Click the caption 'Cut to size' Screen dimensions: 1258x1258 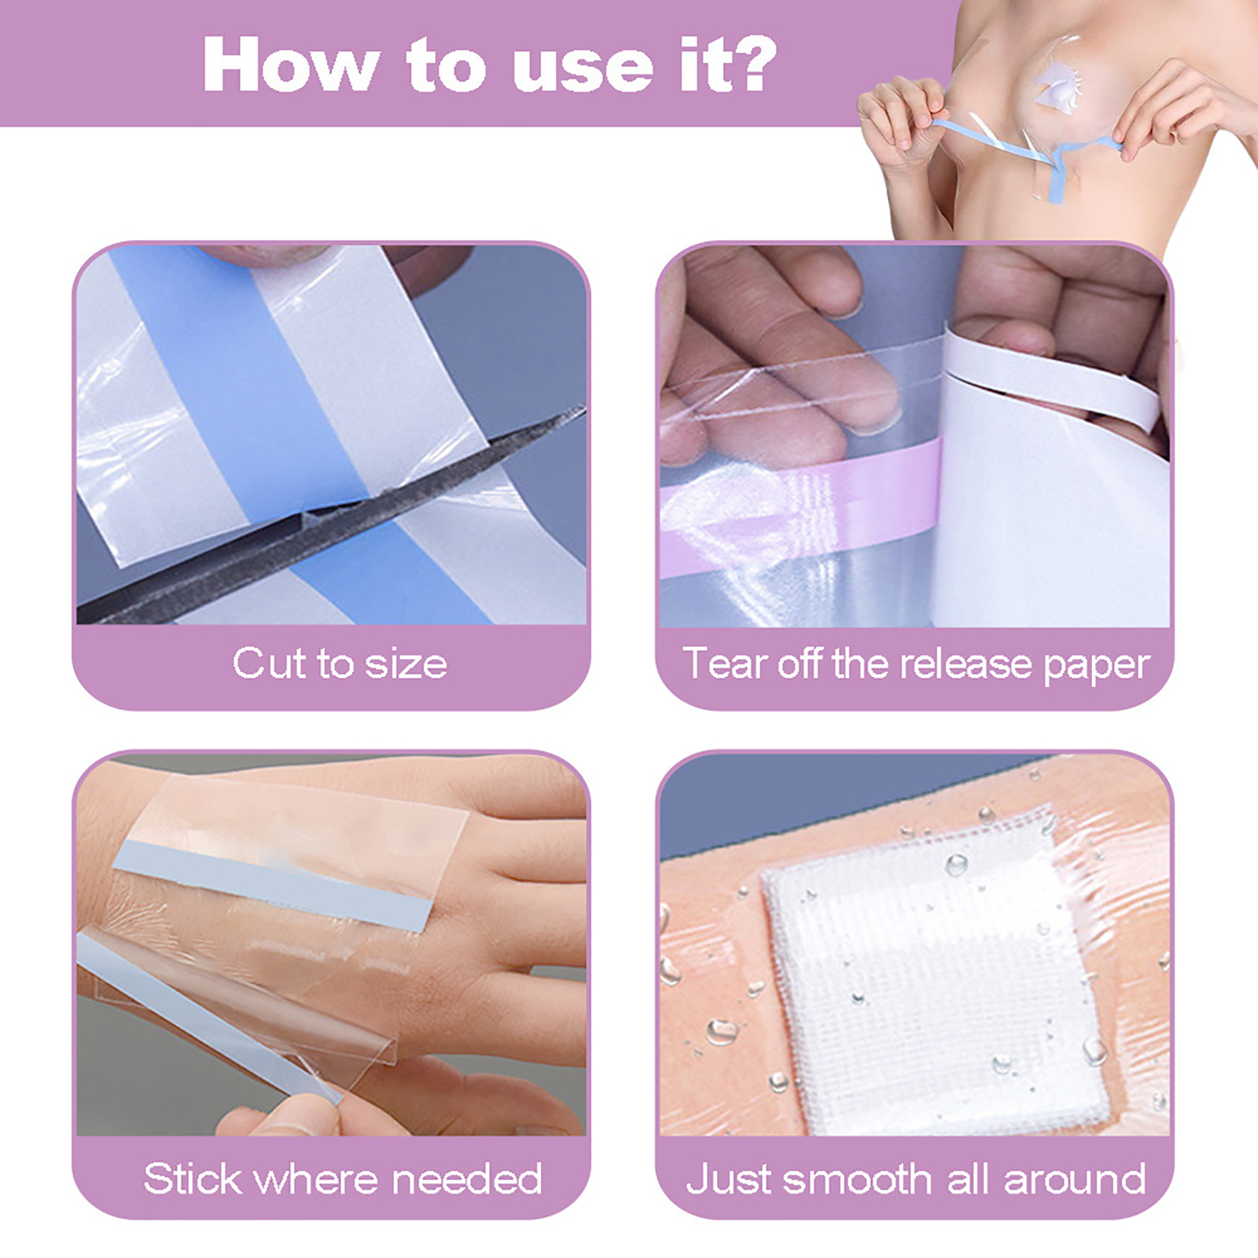(x=340, y=664)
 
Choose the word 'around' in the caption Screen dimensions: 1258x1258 (x=1075, y=1179)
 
